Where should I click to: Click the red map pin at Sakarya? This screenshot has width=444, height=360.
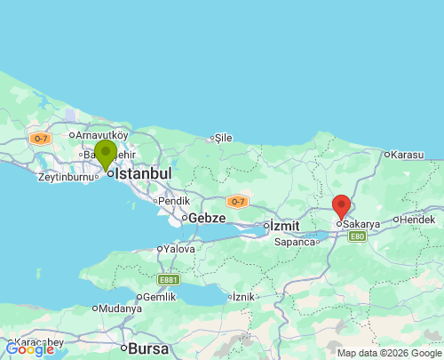pos(341,206)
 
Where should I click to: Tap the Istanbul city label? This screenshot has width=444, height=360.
pos(143,173)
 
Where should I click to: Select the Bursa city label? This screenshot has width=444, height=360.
pos(148,348)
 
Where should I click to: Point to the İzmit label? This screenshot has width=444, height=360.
pos(287,225)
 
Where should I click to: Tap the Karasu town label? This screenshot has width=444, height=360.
pos(408,155)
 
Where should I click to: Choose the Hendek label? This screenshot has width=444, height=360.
pos(417,219)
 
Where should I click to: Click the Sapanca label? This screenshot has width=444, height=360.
pos(295,242)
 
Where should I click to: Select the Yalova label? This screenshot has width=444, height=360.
pos(179,250)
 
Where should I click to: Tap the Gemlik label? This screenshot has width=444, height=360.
pos(159,297)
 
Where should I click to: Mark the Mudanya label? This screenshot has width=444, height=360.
pos(120,308)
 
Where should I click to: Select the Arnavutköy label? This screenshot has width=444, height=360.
pos(102,135)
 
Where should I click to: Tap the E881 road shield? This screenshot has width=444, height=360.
pos(168,279)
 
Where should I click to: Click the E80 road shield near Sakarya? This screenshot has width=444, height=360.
pos(357,236)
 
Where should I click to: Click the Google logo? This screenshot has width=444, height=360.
pos(29,349)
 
